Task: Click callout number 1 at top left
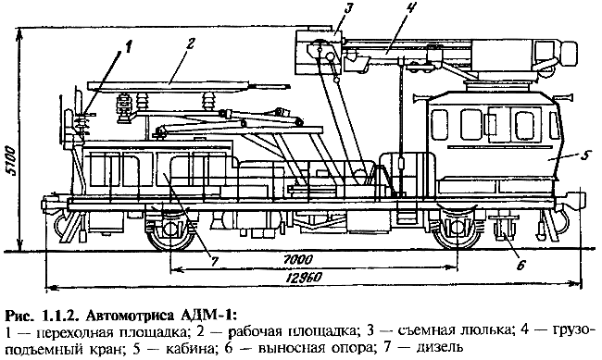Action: (x=129, y=47)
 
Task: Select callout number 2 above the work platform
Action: (x=190, y=43)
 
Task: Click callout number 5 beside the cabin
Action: (x=584, y=155)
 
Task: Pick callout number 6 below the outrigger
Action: (x=520, y=265)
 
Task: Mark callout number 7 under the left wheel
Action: (x=214, y=261)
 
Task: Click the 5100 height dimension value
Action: (x=11, y=161)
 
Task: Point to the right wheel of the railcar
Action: (x=457, y=231)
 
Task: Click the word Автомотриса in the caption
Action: (x=132, y=316)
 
